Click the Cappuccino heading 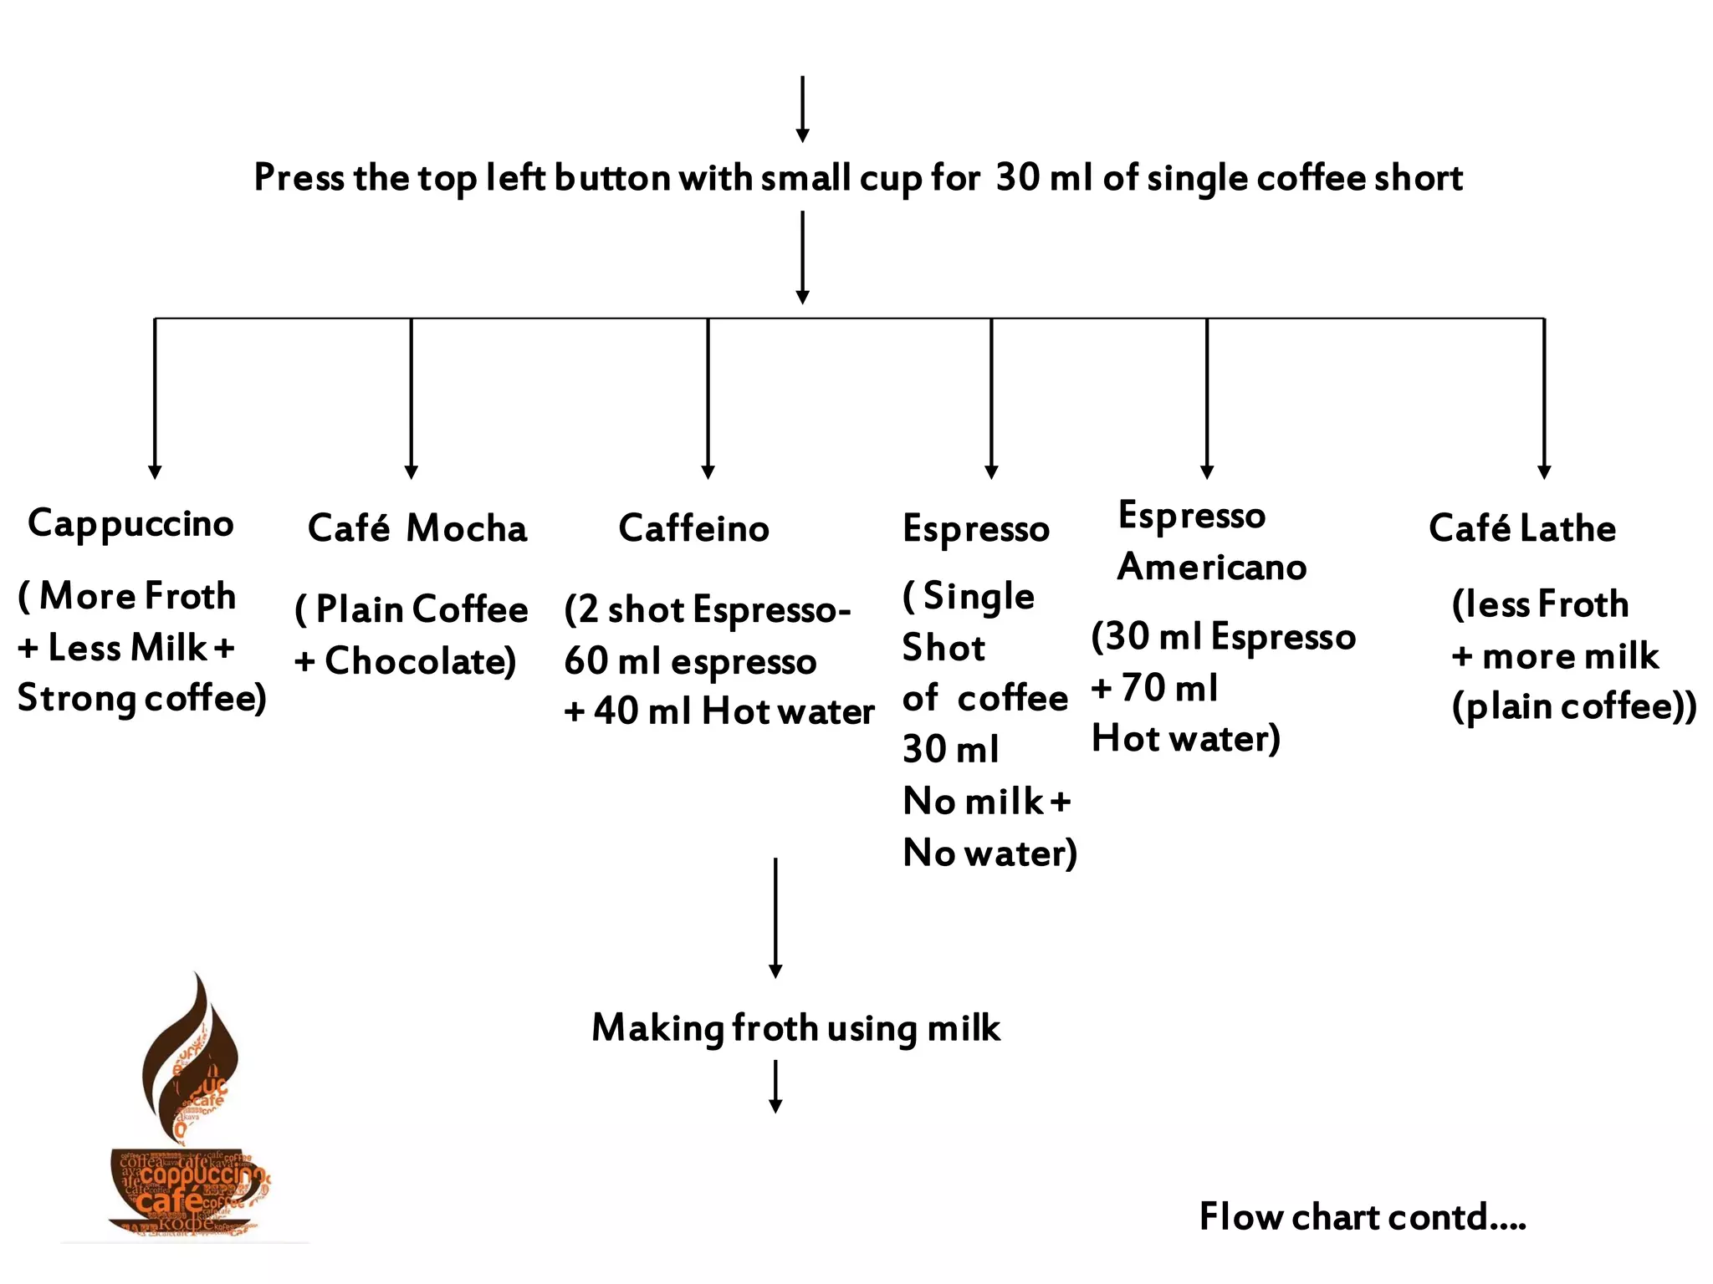(x=130, y=524)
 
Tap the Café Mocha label (x=417, y=528)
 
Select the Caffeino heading (x=693, y=528)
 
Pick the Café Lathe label (x=1522, y=528)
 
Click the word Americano (x=1212, y=568)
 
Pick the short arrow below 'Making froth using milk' (x=775, y=1086)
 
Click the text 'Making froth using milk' (x=795, y=1028)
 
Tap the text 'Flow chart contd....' (x=1363, y=1217)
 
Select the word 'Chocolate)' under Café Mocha (x=420, y=661)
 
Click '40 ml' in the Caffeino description (x=642, y=711)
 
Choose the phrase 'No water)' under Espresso (x=989, y=853)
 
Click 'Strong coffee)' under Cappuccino (x=141, y=698)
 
